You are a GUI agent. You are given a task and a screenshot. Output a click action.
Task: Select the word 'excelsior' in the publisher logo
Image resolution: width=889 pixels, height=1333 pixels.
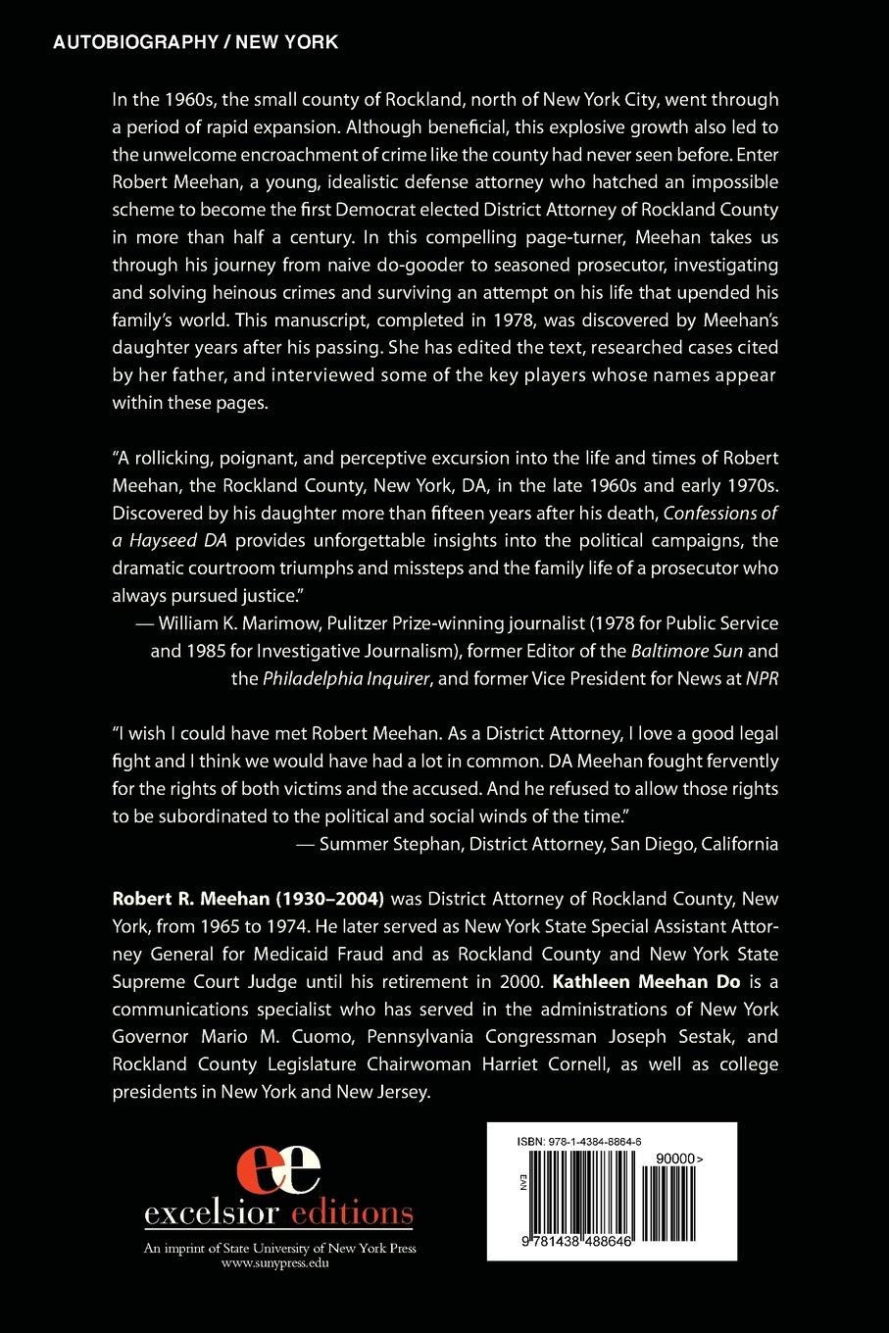point(208,1213)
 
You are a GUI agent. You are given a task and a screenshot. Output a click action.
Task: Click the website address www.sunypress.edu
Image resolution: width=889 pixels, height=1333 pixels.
point(279,1263)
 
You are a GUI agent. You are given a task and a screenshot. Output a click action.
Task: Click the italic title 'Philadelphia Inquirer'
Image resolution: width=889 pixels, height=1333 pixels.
point(347,678)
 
